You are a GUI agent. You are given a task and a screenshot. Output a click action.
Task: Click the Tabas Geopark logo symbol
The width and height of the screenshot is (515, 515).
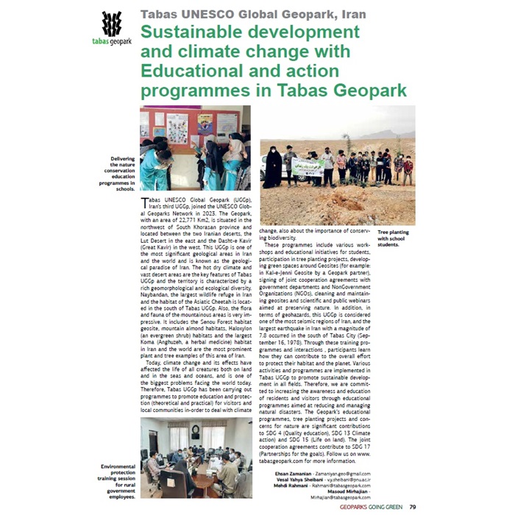tap(111, 25)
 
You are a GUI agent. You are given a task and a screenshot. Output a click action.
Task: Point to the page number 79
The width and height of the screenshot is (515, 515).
tap(413, 506)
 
